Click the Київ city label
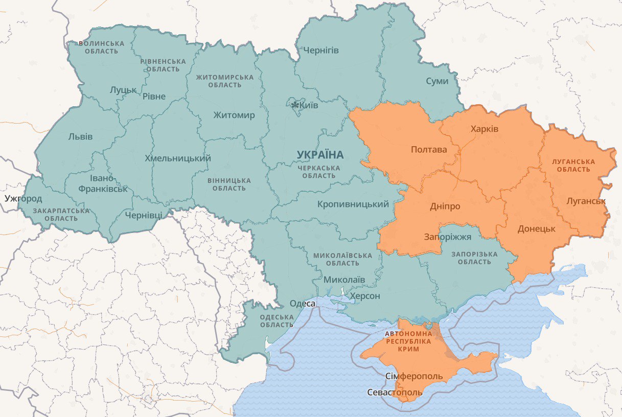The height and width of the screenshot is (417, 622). (309, 105)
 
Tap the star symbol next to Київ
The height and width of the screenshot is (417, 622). (295, 105)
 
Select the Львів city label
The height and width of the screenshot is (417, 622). (80, 137)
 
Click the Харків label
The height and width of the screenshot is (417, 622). (484, 129)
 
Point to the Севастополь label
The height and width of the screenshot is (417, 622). (395, 392)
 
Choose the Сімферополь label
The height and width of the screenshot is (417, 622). (413, 377)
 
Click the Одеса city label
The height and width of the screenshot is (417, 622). (302, 304)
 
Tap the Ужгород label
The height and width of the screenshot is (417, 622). (24, 198)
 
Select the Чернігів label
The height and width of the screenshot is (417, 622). (321, 51)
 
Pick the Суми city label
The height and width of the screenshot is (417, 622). (437, 81)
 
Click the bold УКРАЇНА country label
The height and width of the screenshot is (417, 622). (320, 155)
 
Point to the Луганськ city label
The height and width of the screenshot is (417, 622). (586, 201)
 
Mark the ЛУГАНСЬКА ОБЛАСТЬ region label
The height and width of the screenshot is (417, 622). (573, 165)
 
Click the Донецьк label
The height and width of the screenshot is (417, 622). (536, 228)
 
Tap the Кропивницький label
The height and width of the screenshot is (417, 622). (353, 204)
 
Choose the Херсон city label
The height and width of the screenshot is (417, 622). (365, 296)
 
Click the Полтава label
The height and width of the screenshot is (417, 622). (428, 150)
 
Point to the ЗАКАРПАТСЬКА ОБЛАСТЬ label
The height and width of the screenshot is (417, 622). (61, 215)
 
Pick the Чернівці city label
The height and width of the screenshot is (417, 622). (143, 215)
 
